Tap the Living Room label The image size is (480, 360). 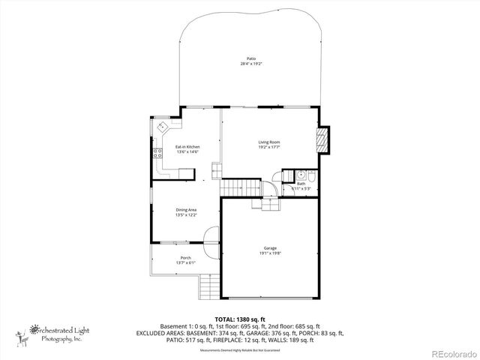[269, 142]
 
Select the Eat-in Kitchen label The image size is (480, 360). [187, 146]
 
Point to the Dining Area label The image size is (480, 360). [186, 209]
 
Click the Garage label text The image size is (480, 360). [269, 247]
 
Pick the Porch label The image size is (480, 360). [185, 257]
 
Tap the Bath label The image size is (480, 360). [301, 183]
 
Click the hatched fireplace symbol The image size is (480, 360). [322, 140]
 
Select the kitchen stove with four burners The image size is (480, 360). [159, 154]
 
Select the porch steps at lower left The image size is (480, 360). [206, 286]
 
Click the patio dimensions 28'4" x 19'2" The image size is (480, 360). [251, 64]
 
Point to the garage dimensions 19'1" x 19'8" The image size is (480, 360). [269, 253]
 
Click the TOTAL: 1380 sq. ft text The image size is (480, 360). [240, 319]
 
